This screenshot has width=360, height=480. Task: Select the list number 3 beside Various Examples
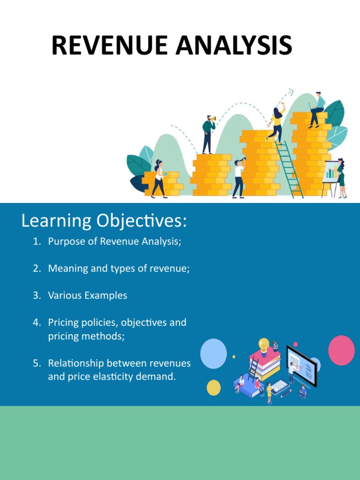click(37, 296)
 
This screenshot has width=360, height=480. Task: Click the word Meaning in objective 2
click(66, 269)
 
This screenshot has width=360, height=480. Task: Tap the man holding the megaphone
click(208, 134)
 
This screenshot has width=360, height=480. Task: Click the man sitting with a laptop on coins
click(317, 110)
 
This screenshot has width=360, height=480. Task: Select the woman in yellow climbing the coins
click(276, 123)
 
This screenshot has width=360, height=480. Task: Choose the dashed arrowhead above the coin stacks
click(290, 91)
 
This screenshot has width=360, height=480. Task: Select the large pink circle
click(341, 350)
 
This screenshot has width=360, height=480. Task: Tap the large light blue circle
click(213, 353)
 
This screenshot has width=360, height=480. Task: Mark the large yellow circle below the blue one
click(214, 387)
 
